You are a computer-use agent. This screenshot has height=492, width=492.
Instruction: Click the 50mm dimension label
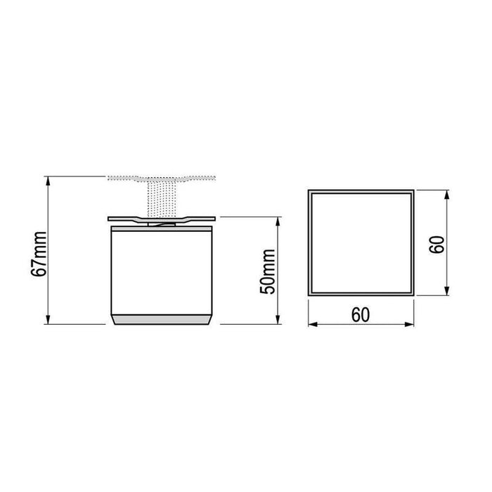click(x=268, y=272)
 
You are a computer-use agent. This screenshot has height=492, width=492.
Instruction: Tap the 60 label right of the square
click(x=436, y=244)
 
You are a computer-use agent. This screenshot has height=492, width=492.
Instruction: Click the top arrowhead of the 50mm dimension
click(x=280, y=221)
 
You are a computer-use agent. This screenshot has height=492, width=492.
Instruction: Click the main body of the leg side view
click(x=161, y=271)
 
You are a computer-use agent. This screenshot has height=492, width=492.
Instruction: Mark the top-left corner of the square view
click(x=310, y=190)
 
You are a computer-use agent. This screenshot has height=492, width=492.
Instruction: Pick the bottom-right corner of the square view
click(x=412, y=295)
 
